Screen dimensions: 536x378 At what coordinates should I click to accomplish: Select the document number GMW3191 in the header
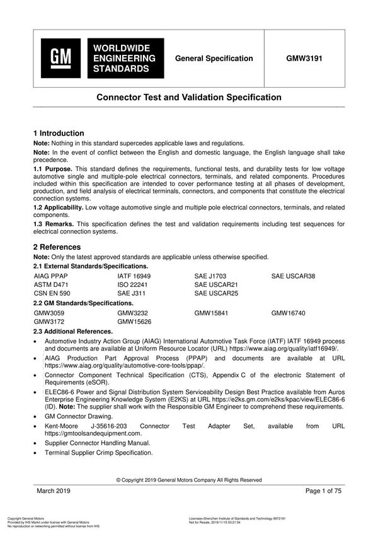pos(304,59)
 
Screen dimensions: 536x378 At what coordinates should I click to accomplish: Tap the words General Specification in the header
pos(214,59)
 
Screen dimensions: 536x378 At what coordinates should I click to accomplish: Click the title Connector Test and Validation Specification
pos(188,98)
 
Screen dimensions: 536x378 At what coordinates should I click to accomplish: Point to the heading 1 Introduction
pos(59,133)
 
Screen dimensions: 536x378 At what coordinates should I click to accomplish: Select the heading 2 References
pos(57,247)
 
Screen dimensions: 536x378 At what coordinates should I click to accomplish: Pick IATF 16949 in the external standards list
pos(134,276)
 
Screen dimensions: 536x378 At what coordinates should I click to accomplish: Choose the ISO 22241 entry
pos(132,284)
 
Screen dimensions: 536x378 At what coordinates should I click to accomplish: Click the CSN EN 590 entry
pos(52,293)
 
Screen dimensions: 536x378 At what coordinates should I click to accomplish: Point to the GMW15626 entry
pos(135,321)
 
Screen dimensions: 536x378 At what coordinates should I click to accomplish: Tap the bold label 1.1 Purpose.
pos(53,170)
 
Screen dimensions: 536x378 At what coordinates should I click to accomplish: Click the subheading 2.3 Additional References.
pos(72,331)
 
